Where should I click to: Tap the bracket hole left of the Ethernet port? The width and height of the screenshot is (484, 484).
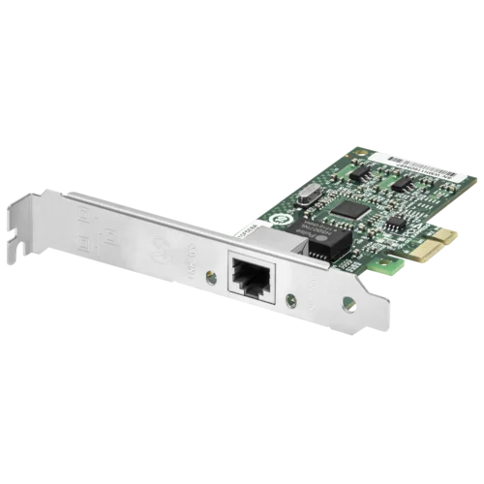pyautogui.click(x=212, y=276)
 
